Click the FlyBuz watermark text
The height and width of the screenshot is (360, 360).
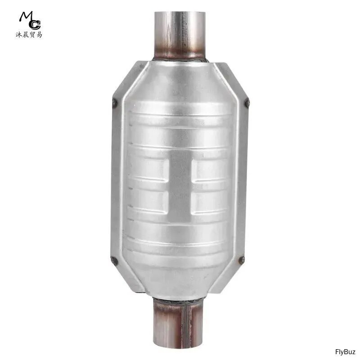coord(345,352)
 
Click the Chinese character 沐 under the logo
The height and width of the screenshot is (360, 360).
coord(19,35)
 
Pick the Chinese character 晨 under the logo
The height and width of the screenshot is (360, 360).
coord(26,35)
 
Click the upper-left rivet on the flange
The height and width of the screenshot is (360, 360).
coord(114,103)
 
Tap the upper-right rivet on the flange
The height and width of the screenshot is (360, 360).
coord(247,103)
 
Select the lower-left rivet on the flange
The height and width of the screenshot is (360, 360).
coord(114,261)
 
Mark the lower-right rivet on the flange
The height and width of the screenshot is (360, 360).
coord(242,260)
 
